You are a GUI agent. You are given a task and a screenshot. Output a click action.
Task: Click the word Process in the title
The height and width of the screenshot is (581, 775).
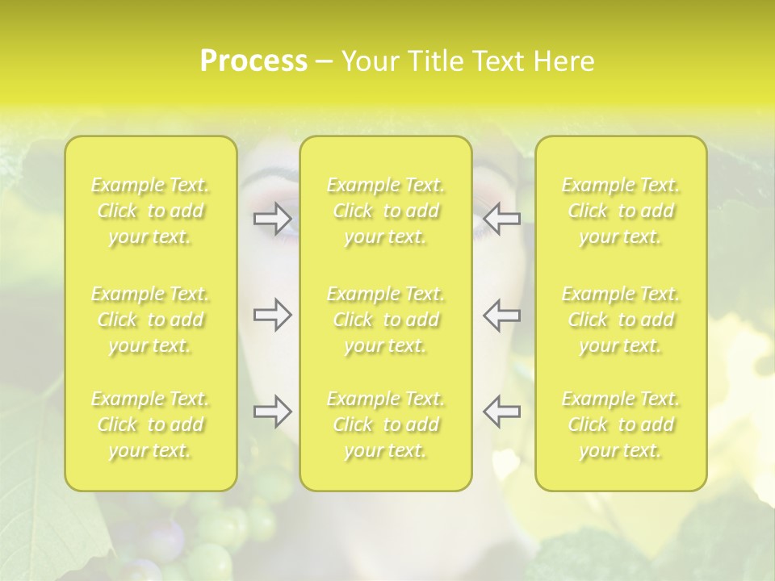253,61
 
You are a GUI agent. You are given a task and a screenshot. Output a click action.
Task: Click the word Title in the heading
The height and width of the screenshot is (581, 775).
434,61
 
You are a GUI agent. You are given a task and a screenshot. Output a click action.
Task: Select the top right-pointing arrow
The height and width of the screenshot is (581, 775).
272,218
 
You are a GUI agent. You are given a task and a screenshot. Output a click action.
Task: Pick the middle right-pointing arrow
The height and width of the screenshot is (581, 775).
272,315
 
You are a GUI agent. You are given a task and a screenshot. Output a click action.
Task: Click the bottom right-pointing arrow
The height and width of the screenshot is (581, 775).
272,412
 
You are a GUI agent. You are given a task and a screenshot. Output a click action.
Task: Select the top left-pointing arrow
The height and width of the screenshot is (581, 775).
501,218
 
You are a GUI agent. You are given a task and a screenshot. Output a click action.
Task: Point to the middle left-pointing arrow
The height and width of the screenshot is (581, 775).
501,315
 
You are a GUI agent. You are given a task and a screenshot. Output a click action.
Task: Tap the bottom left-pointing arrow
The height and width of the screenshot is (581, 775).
501,412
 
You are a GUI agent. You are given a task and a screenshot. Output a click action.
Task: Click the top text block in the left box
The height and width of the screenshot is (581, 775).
150,211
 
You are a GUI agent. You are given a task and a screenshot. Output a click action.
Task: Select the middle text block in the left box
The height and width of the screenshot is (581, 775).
150,320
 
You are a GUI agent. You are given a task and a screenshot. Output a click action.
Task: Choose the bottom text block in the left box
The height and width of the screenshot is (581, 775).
150,424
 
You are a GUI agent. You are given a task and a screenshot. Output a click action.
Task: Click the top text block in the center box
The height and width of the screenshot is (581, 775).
385,211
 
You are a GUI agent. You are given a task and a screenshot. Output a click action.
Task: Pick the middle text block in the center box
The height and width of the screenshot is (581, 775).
385,320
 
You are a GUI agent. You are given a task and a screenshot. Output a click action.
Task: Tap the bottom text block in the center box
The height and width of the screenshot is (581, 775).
385,424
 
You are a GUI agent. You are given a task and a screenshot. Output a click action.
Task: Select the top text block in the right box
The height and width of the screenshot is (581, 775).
620,211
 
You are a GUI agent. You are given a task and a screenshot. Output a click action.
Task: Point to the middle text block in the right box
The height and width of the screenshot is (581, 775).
620,320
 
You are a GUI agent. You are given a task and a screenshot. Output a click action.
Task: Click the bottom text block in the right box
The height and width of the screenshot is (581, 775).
620,424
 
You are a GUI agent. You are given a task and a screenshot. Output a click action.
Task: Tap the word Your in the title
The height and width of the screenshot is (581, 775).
368,61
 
